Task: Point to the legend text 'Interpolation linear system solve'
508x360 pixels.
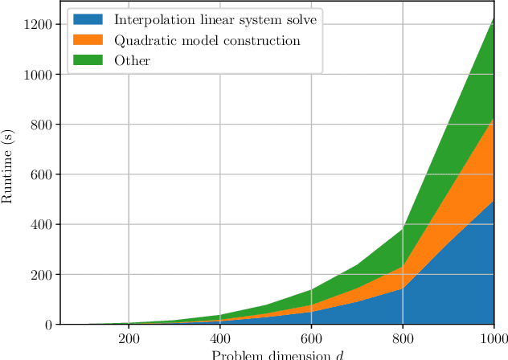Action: tap(215, 19)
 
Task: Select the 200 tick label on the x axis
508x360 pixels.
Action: tap(129, 338)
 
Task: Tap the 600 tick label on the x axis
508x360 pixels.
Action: tap(311, 338)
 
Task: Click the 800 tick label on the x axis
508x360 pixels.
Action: tap(403, 338)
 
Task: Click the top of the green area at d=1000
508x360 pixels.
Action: tap(494, 17)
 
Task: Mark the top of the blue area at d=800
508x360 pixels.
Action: tap(403, 288)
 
